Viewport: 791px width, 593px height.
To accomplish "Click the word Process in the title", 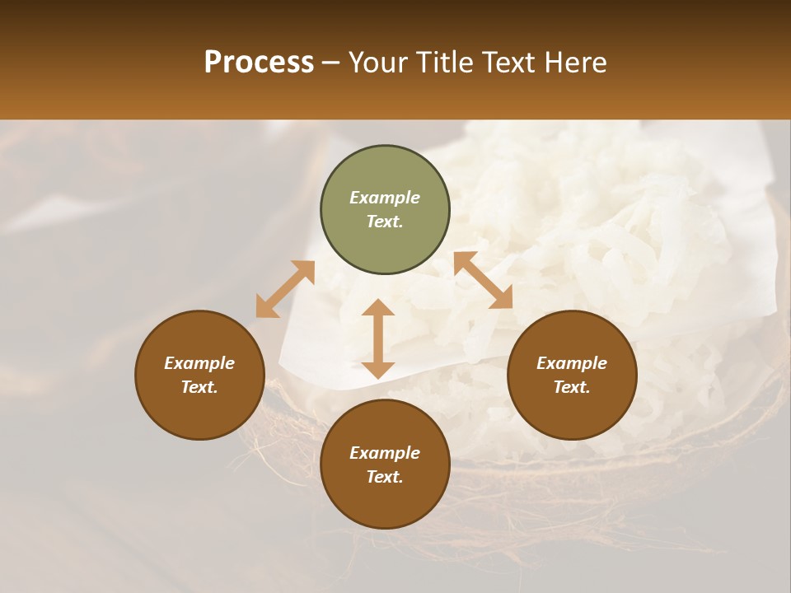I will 259,63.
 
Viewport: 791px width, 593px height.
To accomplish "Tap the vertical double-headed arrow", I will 378,339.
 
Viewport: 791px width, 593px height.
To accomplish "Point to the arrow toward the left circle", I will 285,289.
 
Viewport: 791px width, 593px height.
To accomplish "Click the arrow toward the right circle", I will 483,280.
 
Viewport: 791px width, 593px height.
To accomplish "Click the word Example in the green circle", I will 385,198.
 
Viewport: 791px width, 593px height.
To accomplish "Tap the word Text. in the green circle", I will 385,222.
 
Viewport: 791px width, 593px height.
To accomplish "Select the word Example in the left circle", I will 199,363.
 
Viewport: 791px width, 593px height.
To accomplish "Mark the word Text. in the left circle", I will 199,387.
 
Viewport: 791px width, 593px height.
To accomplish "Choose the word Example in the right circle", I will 572,363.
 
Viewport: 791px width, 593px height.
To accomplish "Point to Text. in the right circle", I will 572,387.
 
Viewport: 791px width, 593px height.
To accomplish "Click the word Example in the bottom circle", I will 385,453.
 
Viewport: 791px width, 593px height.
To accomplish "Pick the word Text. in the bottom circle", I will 385,477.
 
